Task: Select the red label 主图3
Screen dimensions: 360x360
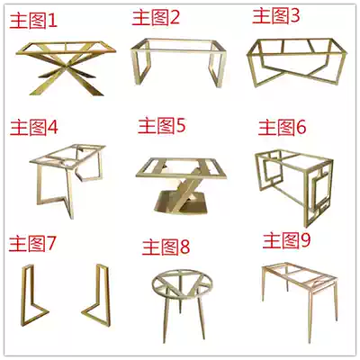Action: pyautogui.click(x=275, y=15)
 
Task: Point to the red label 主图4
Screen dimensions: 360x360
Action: pyautogui.click(x=34, y=126)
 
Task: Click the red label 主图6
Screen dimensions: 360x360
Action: pyautogui.click(x=283, y=127)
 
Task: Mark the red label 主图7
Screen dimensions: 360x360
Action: pyautogui.click(x=32, y=243)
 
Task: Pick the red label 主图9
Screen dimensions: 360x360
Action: pyautogui.click(x=286, y=240)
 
